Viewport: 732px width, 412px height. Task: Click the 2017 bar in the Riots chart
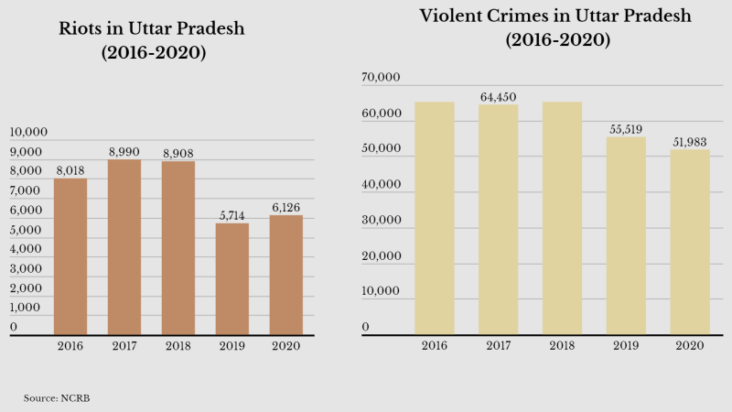124,247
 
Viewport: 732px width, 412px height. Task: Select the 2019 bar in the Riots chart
231,278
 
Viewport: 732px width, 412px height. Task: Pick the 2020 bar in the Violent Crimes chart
690,242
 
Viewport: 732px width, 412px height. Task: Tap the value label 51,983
690,142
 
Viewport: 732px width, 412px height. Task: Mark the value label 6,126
285,208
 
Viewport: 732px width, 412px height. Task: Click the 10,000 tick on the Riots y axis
27,133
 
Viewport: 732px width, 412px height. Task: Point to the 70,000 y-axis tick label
381,80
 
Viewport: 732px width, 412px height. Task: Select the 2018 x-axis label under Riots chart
178,346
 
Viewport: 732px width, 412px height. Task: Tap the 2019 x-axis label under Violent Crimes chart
626,346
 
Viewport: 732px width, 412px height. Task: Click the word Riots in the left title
83,28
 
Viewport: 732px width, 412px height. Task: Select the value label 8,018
70,170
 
